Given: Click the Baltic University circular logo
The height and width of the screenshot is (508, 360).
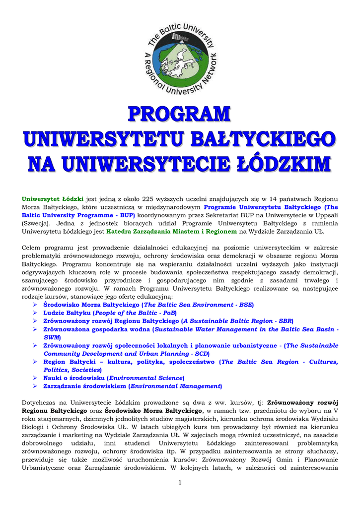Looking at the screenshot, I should [180, 58].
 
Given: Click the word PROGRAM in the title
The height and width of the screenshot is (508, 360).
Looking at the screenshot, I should [180, 114].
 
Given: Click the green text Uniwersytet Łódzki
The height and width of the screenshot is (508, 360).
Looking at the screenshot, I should [53, 199].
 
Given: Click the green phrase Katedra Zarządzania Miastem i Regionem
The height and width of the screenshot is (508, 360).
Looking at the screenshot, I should [172, 231].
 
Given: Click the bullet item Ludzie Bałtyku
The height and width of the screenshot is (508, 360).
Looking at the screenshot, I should [67, 313].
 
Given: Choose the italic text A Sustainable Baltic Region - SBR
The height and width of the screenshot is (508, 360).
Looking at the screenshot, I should [237, 321].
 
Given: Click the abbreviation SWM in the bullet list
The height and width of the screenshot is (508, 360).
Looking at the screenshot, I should [51, 337].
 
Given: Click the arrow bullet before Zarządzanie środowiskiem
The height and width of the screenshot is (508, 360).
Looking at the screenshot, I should [35, 386].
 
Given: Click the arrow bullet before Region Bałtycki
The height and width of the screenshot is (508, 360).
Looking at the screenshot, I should [35, 362].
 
